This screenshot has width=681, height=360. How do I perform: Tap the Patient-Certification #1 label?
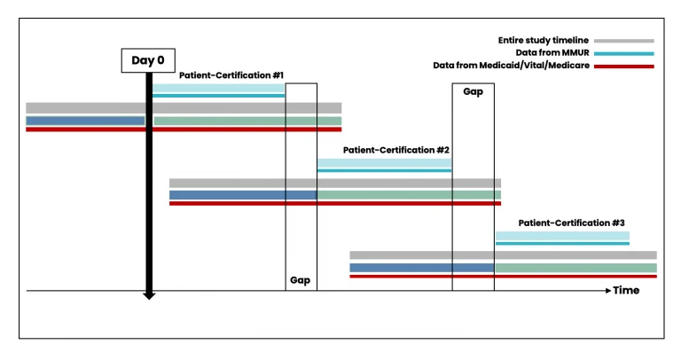pyautogui.click(x=231, y=75)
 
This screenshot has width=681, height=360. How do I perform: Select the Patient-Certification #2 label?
pyautogui.click(x=395, y=151)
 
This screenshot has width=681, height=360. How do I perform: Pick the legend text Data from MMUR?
pyautogui.click(x=561, y=53)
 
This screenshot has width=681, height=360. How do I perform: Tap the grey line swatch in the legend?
pyautogui.click(x=625, y=41)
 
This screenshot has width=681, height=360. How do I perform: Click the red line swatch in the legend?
pyautogui.click(x=625, y=67)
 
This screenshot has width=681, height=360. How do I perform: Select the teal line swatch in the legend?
pyautogui.click(x=625, y=53)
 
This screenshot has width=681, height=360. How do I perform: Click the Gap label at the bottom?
pyautogui.click(x=300, y=279)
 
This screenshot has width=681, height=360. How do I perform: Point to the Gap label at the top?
pyautogui.click(x=473, y=91)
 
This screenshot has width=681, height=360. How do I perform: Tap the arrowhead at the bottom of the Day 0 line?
pyautogui.click(x=149, y=293)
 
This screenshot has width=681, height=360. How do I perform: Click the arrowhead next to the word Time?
pyautogui.click(x=607, y=290)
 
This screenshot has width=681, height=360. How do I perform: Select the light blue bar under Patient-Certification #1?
pyautogui.click(x=218, y=89)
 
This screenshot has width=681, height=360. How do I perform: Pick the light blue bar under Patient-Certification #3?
pyautogui.click(x=562, y=236)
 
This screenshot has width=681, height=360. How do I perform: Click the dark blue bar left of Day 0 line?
pyautogui.click(x=85, y=121)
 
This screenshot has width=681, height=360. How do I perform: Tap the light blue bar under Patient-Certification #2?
pyautogui.click(x=384, y=164)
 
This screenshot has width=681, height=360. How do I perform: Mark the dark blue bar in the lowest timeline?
pyautogui.click(x=421, y=267)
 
